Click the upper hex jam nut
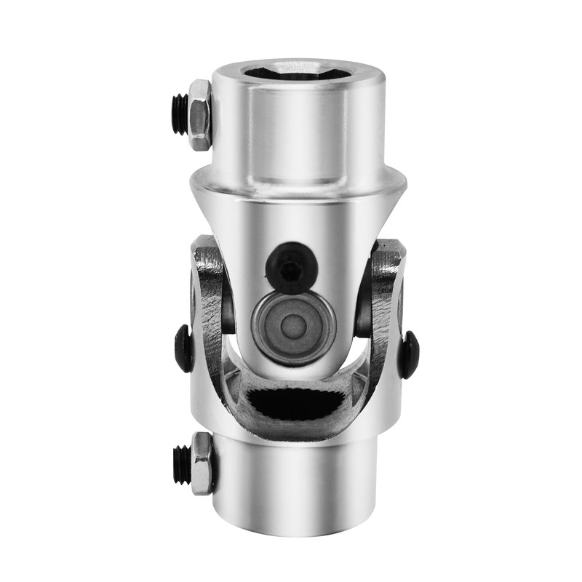[199, 115]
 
